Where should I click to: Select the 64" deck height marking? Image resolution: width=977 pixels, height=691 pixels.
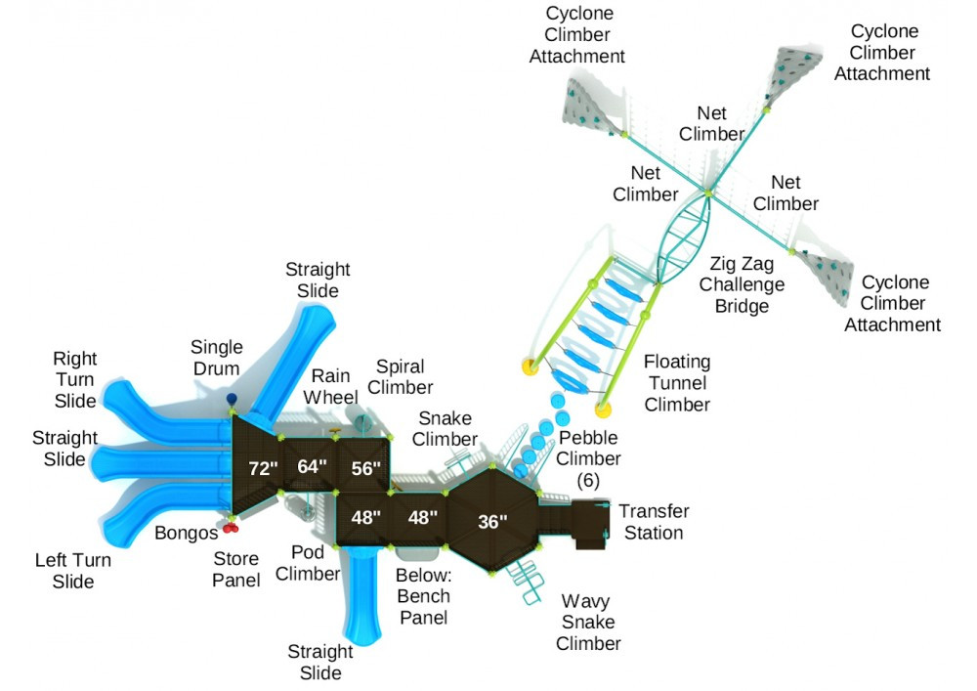pos(312,466)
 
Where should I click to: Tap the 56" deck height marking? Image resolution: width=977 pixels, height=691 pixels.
pos(365,468)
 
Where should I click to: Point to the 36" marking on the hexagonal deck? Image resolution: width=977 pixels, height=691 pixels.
pos(492,522)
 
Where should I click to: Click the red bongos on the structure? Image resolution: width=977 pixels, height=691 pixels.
pos(232,528)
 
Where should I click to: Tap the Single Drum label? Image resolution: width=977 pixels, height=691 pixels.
pos(215,358)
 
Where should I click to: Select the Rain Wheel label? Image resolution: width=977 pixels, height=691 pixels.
pos(332,386)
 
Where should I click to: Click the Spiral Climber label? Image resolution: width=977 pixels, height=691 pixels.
pos(400,377)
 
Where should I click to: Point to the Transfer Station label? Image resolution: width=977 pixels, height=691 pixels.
pos(654,522)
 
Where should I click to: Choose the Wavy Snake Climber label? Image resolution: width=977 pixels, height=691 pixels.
pos(588,622)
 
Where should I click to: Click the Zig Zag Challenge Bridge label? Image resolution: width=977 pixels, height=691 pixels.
pos(748,284)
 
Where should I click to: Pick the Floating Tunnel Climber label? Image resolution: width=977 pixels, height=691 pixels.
pos(676,383)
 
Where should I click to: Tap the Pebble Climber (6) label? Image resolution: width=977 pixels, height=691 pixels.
pos(589,458)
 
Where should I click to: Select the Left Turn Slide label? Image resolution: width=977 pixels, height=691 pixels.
pos(73,571)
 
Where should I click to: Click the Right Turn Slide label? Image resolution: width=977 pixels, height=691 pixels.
pos(74,379)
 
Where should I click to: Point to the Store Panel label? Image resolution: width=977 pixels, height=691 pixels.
pos(236,570)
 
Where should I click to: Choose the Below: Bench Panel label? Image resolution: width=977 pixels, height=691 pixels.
pos(423,595)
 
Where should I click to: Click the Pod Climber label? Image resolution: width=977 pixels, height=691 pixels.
pos(308,563)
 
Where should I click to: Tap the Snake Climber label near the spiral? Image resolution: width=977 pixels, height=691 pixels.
pos(445,429)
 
